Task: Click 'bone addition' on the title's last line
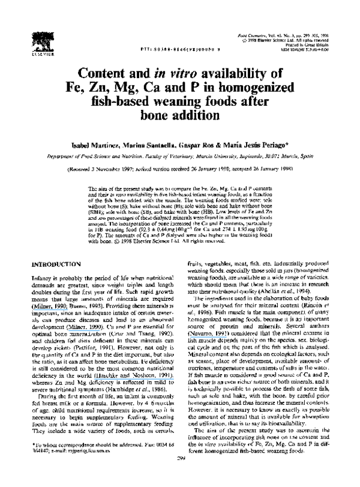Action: click(x=180, y=114)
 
